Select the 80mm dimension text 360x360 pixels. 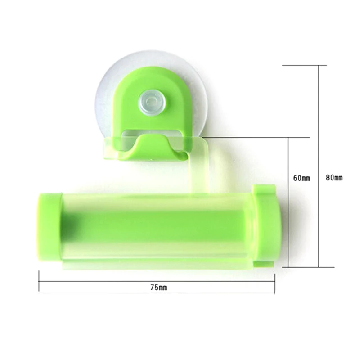(334, 178)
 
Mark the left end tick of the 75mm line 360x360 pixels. (39, 282)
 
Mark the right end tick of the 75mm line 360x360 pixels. (274, 282)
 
